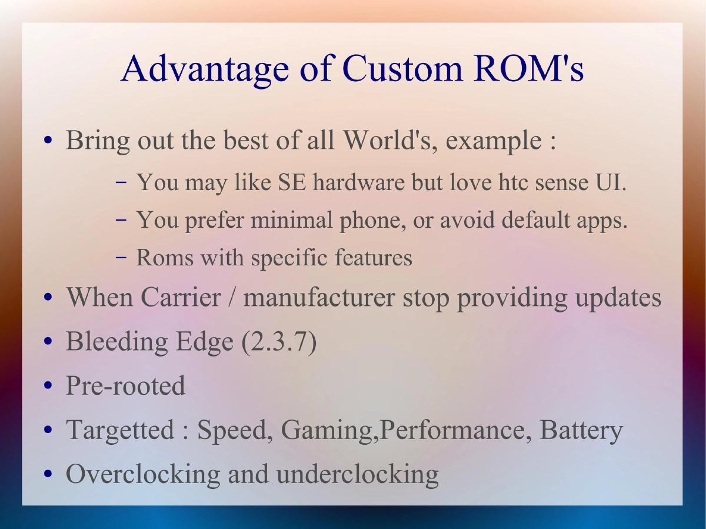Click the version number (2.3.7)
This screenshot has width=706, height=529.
(279, 342)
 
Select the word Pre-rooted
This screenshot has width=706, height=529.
(125, 386)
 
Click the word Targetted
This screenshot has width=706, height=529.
(120, 431)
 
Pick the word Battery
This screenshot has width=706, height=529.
(581, 431)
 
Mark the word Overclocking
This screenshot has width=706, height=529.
(142, 474)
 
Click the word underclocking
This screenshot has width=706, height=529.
(357, 474)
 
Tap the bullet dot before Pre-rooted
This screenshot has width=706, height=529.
(49, 387)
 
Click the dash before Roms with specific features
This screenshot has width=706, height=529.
(121, 258)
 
